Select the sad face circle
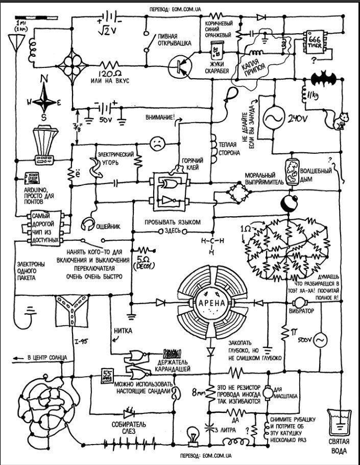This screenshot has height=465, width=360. pyautogui.click(x=157, y=144)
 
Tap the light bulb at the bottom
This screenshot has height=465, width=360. pyautogui.click(x=194, y=435)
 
